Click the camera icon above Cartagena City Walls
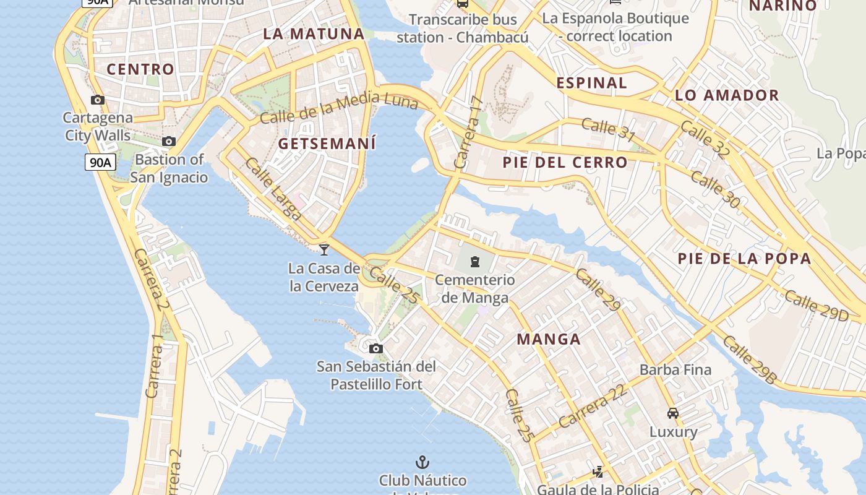click(x=98, y=100)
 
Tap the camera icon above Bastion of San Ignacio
click(x=169, y=142)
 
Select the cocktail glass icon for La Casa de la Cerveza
click(x=324, y=249)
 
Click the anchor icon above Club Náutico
click(x=422, y=462)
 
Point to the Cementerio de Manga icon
click(x=475, y=262)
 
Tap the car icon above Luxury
click(x=673, y=413)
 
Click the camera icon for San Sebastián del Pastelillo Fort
click(x=376, y=348)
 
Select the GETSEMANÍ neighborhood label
click(x=327, y=144)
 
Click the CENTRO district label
click(x=140, y=69)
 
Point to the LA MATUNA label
click(x=314, y=34)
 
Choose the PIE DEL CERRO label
click(x=565, y=163)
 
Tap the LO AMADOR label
click(x=727, y=95)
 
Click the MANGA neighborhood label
click(x=549, y=339)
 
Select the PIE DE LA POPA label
click(x=744, y=259)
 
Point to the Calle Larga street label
click(x=273, y=189)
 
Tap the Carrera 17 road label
click(x=468, y=132)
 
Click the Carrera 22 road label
click(x=593, y=406)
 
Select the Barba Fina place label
click(x=675, y=370)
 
